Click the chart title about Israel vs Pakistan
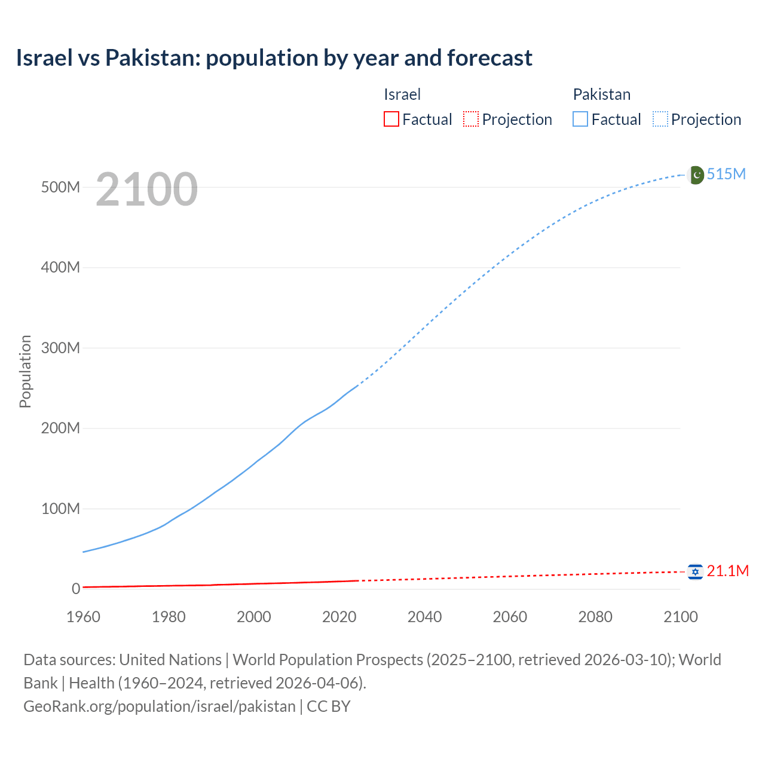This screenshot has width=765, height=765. point(274,58)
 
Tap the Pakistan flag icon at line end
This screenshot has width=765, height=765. point(696,175)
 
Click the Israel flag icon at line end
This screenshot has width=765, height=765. point(694,572)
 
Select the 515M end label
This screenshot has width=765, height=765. point(726,174)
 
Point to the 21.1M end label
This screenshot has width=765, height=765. point(727,571)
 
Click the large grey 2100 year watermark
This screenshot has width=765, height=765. point(146,189)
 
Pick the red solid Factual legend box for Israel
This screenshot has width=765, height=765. point(391,120)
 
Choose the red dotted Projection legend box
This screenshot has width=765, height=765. point(471,120)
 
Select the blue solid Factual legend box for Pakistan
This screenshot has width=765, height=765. point(580,120)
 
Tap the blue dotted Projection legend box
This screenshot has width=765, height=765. point(660,120)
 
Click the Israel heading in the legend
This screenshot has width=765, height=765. point(402,94)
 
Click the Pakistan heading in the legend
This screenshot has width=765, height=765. point(601,94)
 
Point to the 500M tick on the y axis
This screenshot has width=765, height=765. point(60,187)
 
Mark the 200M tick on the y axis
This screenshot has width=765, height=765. point(60,428)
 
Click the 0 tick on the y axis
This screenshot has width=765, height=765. point(75,589)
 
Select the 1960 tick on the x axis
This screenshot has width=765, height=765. point(83,617)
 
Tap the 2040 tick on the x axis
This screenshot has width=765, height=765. point(424,617)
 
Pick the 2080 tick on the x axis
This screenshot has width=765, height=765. point(595,617)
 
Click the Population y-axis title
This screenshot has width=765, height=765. point(25,371)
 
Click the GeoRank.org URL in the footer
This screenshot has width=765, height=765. point(160,706)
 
